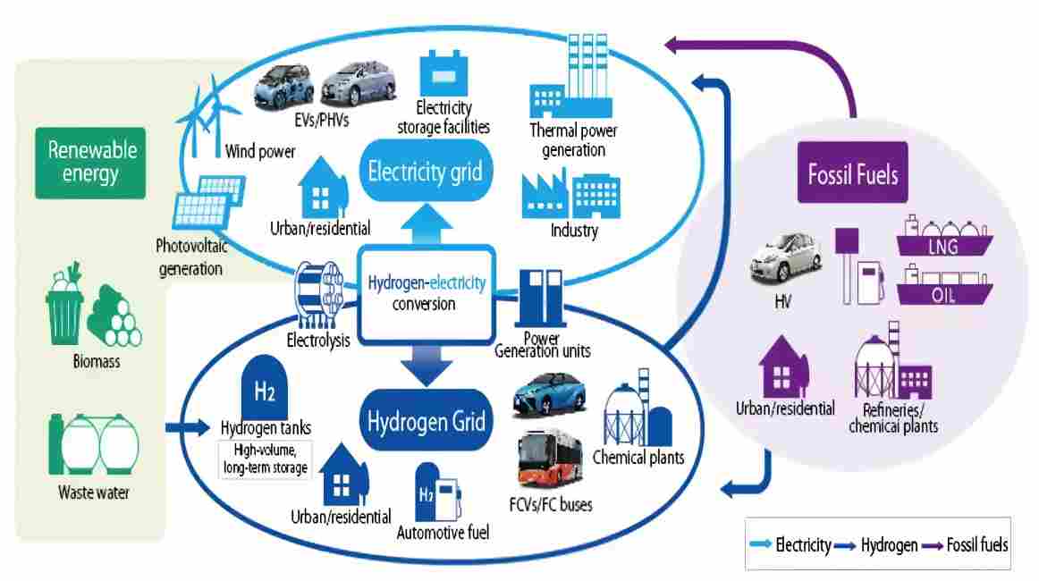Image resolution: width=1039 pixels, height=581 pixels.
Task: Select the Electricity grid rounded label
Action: (x=425, y=171)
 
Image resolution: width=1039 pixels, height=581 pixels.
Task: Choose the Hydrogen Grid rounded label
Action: (x=426, y=420)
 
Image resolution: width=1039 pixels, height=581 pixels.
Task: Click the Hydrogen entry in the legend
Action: (x=880, y=544)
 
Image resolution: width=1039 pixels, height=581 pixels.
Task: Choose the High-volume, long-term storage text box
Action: (x=266, y=459)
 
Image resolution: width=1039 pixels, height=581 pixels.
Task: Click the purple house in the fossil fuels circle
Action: (x=784, y=363)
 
